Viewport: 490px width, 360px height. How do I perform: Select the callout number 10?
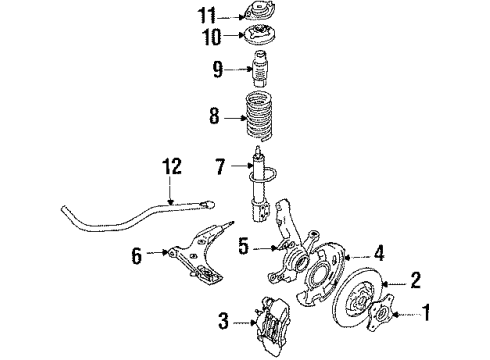[212, 36]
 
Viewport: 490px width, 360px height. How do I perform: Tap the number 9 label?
[218, 69]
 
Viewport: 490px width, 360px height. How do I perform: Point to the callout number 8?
[215, 116]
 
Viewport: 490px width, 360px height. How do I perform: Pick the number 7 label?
[220, 167]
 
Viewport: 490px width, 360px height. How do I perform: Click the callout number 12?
[172, 166]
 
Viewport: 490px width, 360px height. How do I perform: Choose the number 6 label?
[137, 256]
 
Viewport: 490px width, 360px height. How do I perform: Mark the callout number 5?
[244, 247]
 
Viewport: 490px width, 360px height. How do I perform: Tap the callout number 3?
[224, 321]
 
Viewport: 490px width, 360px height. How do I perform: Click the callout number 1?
[426, 312]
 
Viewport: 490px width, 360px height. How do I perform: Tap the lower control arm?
[197, 253]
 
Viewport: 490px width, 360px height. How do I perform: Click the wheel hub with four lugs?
[380, 312]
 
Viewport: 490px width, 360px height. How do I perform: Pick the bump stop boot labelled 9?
[261, 68]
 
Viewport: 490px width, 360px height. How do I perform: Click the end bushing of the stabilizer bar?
[207, 204]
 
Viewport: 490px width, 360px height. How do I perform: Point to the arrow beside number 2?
[395, 284]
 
